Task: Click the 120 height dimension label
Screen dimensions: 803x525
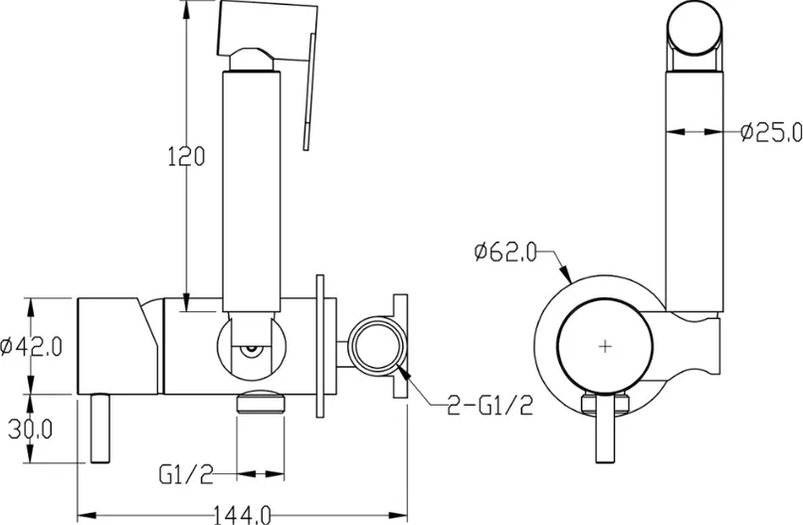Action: (186, 156)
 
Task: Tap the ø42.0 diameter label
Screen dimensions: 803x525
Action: (31, 346)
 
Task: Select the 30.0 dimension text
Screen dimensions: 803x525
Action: (30, 430)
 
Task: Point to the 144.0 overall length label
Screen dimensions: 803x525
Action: (241, 514)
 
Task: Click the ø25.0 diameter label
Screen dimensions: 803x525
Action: (771, 132)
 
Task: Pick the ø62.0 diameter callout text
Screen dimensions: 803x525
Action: (505, 252)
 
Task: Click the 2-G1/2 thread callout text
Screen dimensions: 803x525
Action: (491, 406)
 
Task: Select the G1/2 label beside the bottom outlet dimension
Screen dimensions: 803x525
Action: (186, 474)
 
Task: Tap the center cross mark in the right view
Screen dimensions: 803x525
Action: (605, 346)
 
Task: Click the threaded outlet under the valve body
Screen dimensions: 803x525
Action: (260, 401)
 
